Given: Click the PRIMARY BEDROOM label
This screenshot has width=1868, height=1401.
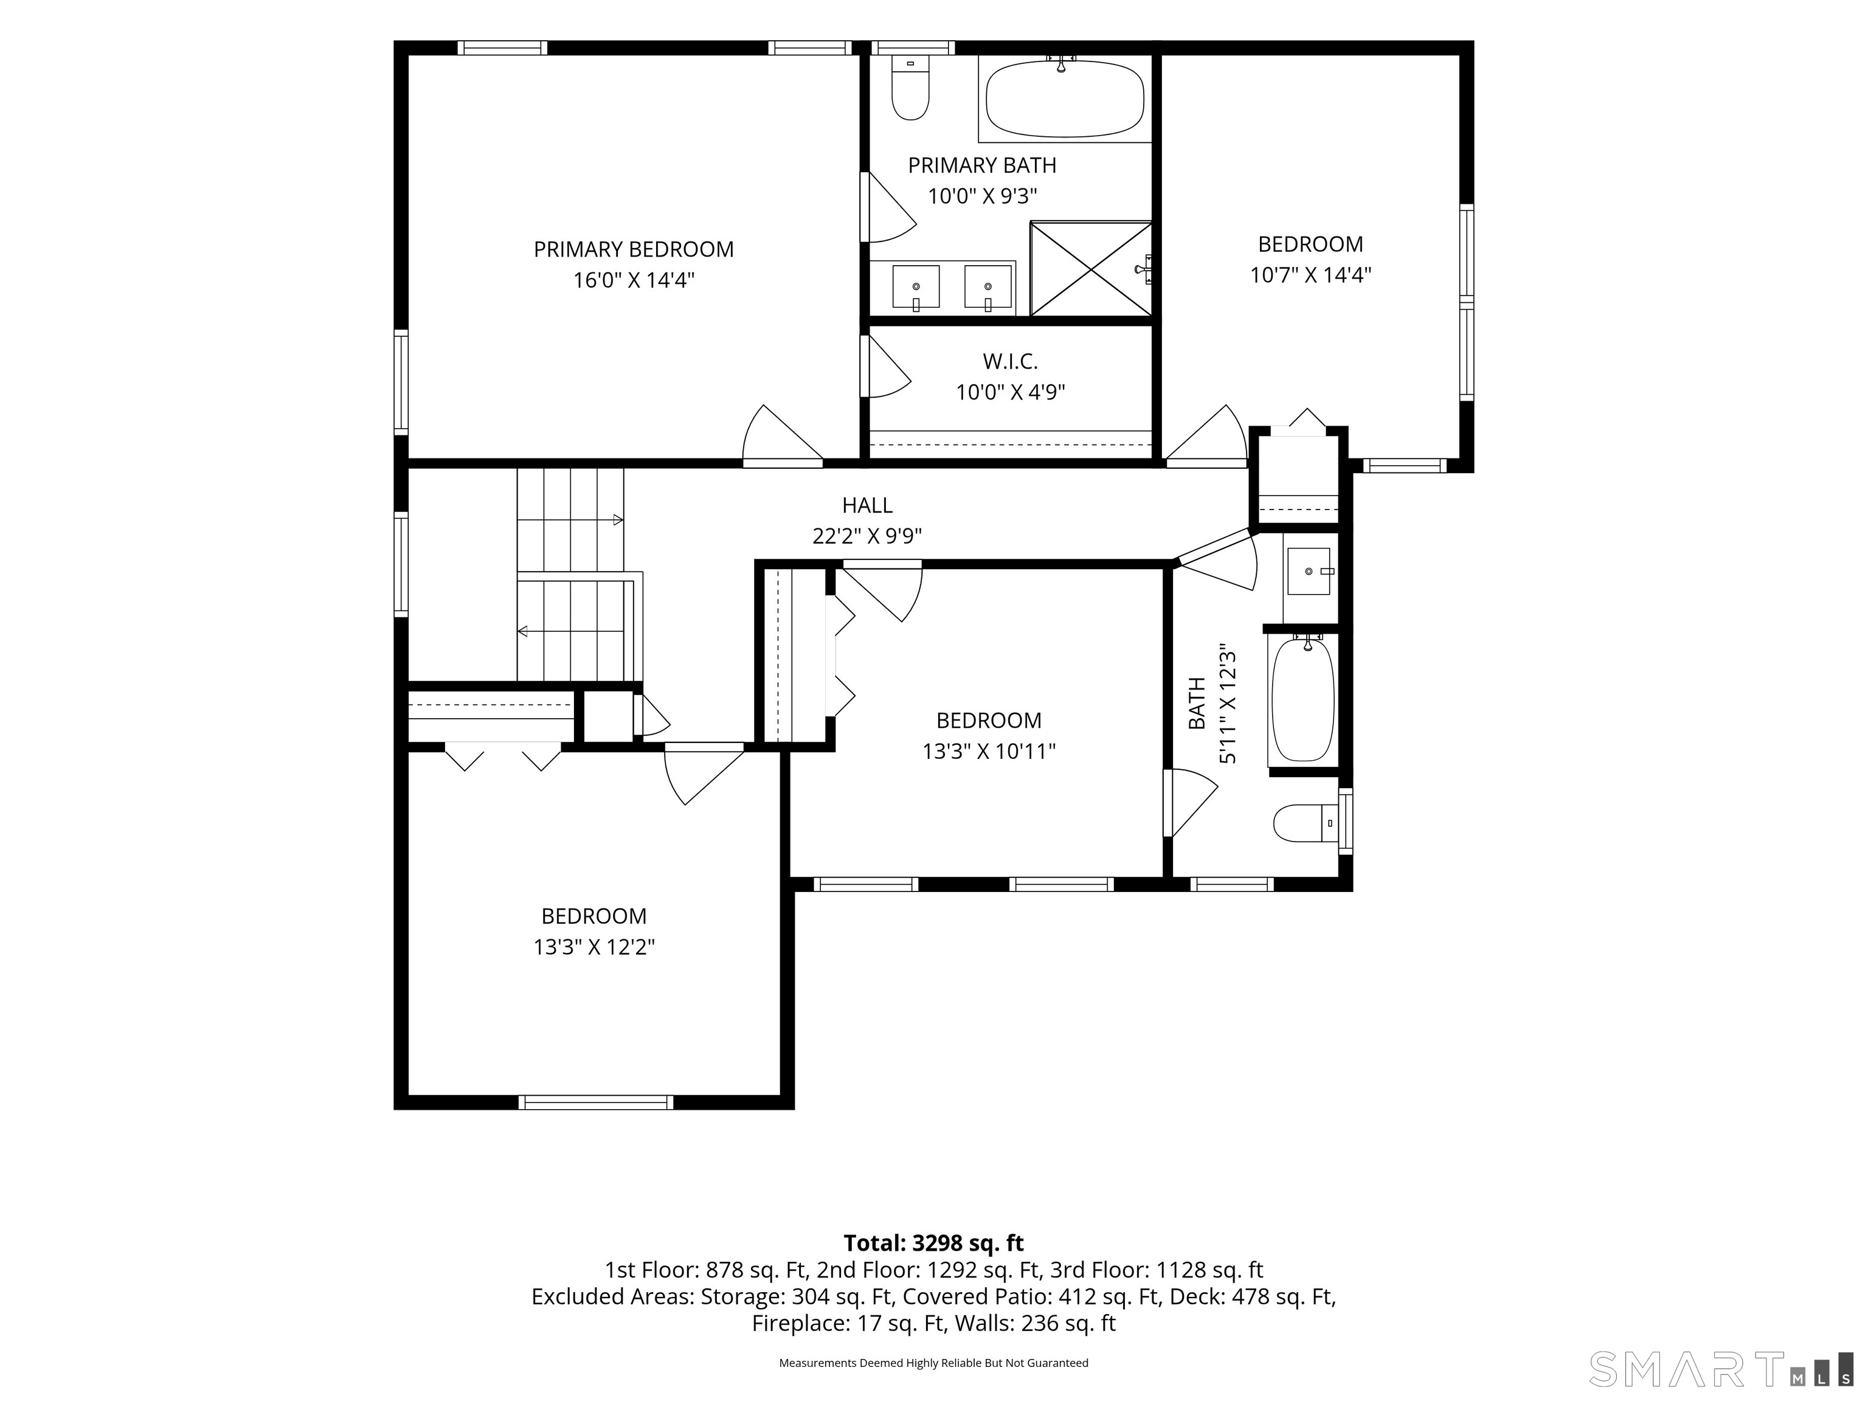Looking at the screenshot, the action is click(x=634, y=249).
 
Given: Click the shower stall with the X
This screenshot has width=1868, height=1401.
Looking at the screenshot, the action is click(x=1091, y=269).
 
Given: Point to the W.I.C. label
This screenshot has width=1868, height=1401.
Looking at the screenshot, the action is click(x=1010, y=361).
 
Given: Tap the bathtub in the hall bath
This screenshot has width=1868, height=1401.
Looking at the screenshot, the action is click(x=1303, y=699).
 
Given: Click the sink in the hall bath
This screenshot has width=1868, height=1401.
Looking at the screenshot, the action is click(x=1309, y=572).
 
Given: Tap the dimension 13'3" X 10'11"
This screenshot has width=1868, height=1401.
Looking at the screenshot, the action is click(x=989, y=752).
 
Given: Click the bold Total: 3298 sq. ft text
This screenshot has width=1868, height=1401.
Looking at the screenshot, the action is click(x=934, y=1243).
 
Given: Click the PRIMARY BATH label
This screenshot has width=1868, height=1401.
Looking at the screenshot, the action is click(x=982, y=165).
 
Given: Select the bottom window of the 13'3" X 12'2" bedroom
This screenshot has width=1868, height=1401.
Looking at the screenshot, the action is click(x=595, y=1102).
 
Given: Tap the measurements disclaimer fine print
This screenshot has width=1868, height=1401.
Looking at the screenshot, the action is click(x=933, y=1363).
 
